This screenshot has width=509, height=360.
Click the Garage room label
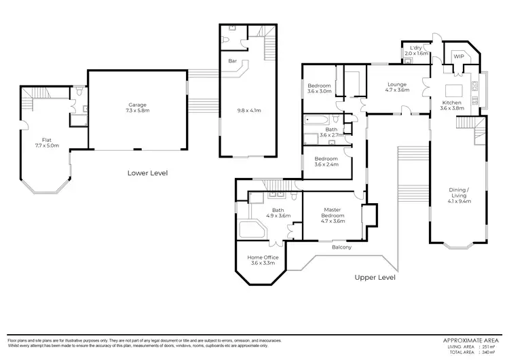click(138, 105)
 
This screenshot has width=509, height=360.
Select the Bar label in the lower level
click(232, 62)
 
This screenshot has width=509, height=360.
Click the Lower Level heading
click(147, 173)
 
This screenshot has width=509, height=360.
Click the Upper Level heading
click(375, 277)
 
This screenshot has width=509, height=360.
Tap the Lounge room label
click(397, 85)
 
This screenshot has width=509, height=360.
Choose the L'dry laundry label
click(417, 48)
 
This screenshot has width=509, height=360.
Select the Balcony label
click(341, 247)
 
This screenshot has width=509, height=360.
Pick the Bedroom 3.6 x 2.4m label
click(326, 160)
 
